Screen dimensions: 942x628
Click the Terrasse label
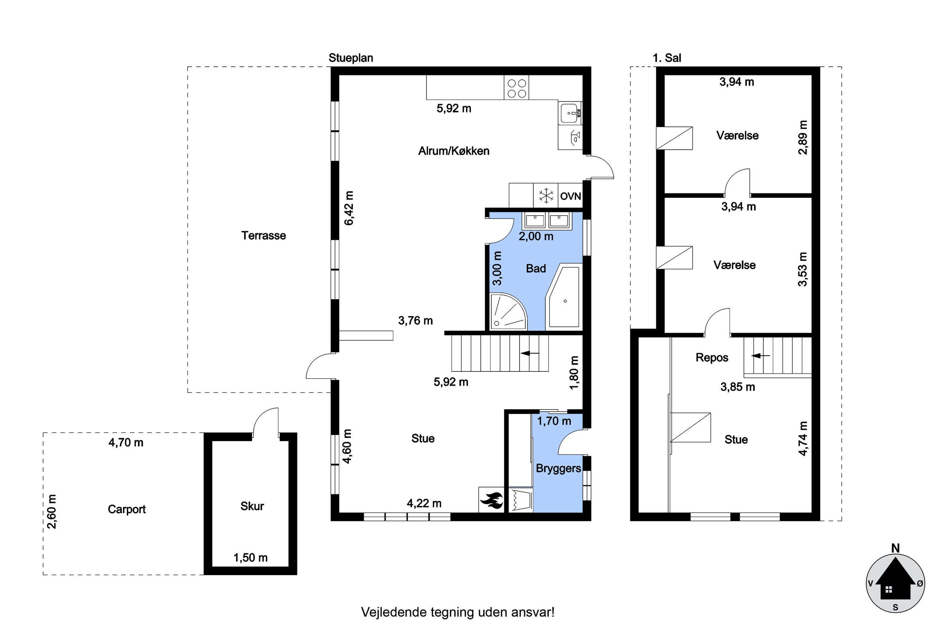click(x=263, y=236)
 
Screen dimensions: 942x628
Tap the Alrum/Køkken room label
click(x=454, y=151)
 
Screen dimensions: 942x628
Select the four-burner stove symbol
click(x=516, y=88)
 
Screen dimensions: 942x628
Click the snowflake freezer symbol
click(x=546, y=196)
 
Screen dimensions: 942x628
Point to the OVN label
click(x=571, y=196)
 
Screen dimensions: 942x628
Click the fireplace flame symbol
click(x=491, y=500)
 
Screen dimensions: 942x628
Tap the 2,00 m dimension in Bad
click(x=536, y=237)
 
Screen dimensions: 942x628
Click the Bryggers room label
click(x=558, y=469)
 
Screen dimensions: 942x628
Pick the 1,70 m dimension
click(x=554, y=421)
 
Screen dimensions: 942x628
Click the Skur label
click(x=252, y=506)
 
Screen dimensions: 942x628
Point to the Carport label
click(x=126, y=510)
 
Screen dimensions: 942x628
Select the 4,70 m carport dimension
click(x=126, y=442)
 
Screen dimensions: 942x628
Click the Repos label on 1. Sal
click(x=712, y=358)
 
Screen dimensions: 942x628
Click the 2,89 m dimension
click(x=803, y=137)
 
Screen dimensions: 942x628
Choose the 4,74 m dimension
click(x=803, y=438)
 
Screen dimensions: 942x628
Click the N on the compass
click(x=895, y=548)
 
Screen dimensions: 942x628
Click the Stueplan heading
click(x=351, y=58)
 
